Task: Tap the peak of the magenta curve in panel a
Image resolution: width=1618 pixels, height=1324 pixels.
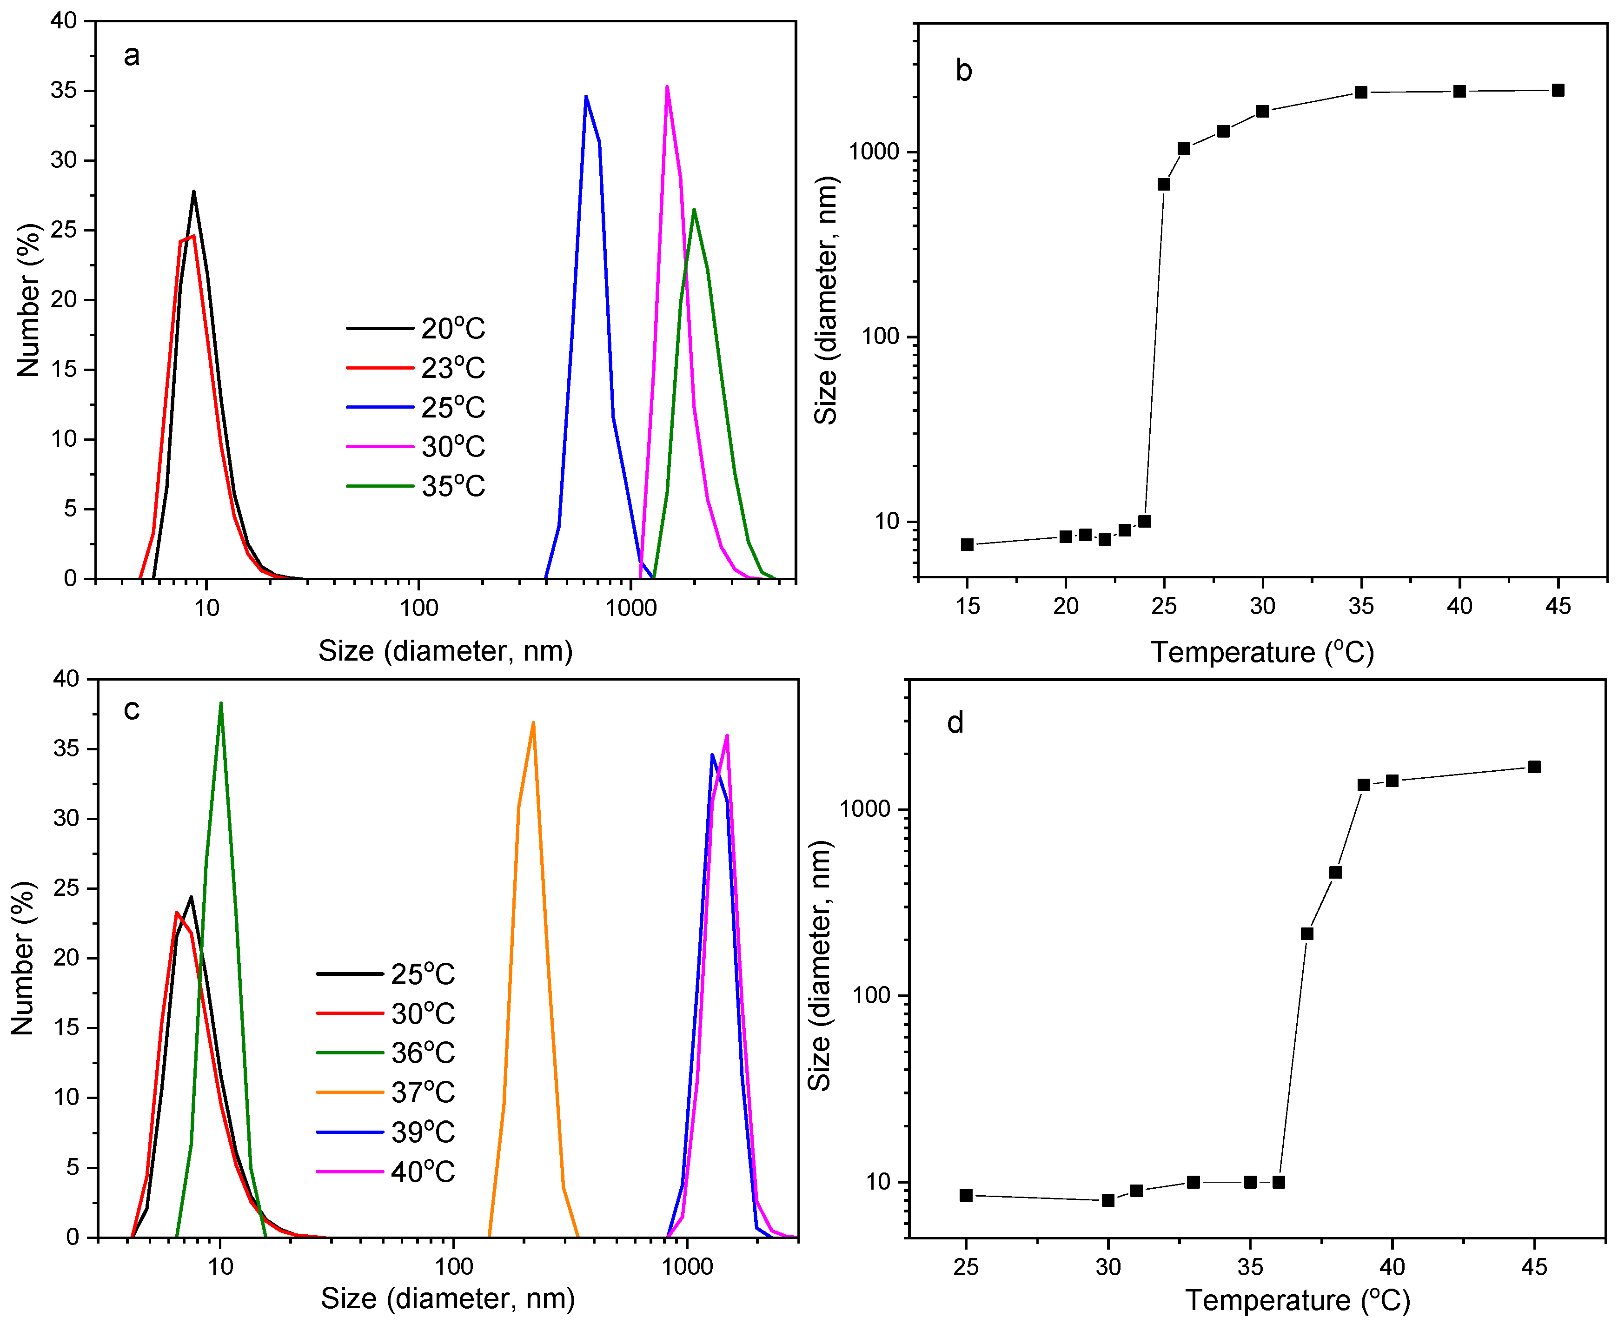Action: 667,87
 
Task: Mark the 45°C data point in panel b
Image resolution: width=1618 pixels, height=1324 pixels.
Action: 1558,90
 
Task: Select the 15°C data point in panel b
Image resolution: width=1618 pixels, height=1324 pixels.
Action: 967,544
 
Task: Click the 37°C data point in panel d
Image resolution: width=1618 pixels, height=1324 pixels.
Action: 1307,933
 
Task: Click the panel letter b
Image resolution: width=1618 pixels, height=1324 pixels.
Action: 963,71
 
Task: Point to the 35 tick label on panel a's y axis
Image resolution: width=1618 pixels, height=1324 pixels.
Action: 64,91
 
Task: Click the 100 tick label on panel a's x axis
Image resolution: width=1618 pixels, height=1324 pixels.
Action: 419,608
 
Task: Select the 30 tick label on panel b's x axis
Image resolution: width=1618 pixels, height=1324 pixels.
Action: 1262,606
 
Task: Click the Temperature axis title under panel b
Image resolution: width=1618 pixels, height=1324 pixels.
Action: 1262,652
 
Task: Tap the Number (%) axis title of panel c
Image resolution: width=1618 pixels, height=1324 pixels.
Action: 23,958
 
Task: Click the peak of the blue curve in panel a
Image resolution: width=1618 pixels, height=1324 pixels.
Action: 586,96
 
